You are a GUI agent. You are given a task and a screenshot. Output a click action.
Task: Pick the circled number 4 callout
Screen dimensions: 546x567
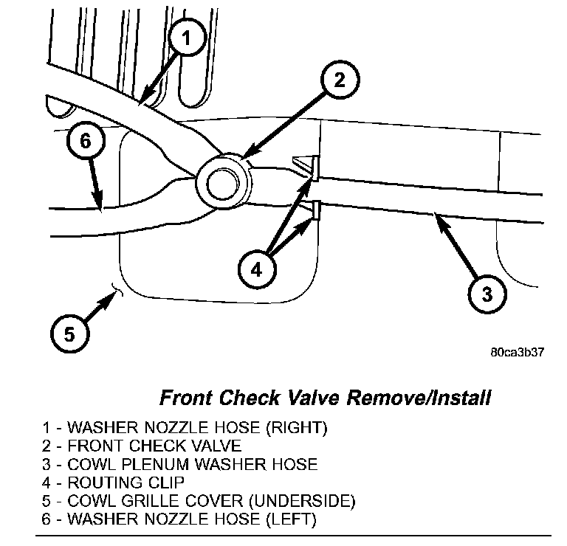[x=255, y=270]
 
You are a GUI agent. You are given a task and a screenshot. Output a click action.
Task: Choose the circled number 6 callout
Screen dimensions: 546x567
[x=84, y=142]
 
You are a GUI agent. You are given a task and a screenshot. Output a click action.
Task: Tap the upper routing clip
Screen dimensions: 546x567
[x=313, y=168]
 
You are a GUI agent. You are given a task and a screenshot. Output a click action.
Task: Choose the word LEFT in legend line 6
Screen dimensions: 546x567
[x=290, y=520]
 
